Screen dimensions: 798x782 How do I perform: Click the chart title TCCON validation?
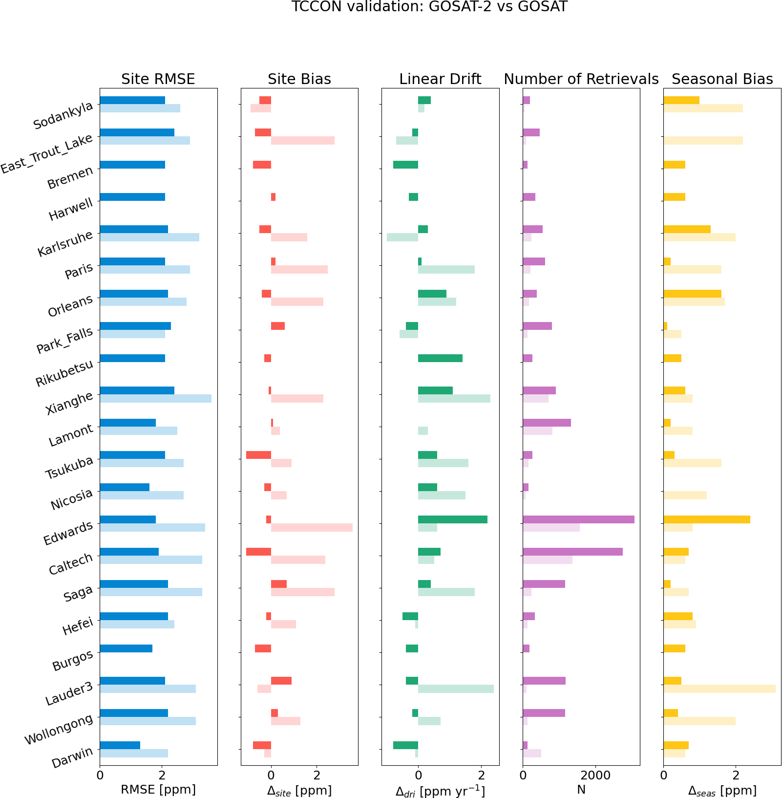click(x=429, y=7)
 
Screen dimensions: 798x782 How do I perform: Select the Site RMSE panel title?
click(x=158, y=79)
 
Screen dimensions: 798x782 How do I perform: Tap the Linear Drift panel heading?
click(x=440, y=79)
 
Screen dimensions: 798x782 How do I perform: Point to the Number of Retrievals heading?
click(x=581, y=79)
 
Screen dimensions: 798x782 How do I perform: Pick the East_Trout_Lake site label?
click(x=47, y=153)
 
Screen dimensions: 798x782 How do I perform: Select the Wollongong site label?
click(x=59, y=729)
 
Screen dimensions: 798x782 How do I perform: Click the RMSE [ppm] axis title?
click(x=158, y=789)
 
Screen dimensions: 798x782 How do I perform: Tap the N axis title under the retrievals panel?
click(x=581, y=789)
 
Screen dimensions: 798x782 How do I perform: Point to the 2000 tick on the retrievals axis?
click(x=595, y=775)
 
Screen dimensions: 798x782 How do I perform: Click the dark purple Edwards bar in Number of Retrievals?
click(x=578, y=519)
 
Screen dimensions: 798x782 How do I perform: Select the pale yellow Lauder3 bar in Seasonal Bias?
click(x=719, y=689)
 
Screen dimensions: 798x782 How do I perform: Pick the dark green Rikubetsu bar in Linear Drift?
click(x=440, y=358)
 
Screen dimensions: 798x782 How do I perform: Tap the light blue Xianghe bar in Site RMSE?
click(x=155, y=399)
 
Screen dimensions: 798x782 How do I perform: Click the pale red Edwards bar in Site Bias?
click(x=312, y=528)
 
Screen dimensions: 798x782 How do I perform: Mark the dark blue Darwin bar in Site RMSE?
click(x=120, y=745)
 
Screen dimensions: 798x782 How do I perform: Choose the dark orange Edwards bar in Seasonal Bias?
click(x=706, y=519)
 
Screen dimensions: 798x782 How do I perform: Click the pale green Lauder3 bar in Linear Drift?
click(x=456, y=689)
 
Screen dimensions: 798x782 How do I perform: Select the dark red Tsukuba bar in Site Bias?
click(x=258, y=455)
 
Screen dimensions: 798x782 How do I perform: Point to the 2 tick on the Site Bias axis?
click(x=317, y=775)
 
